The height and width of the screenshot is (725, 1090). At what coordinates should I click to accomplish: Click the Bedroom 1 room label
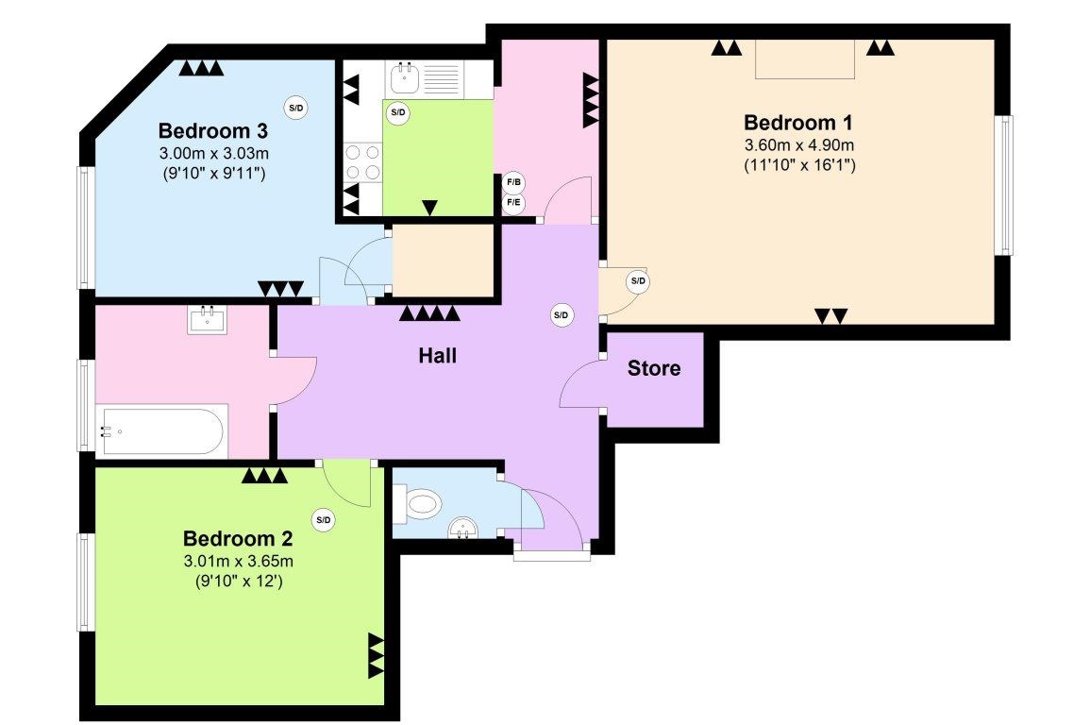pyautogui.click(x=798, y=123)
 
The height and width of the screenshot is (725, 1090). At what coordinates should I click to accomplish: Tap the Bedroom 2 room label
pyautogui.click(x=238, y=538)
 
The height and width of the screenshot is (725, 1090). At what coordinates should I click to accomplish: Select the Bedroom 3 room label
pyautogui.click(x=212, y=130)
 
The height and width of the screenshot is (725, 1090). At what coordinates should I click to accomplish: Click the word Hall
pyautogui.click(x=437, y=355)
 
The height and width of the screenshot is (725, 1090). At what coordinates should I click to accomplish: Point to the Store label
pyautogui.click(x=653, y=368)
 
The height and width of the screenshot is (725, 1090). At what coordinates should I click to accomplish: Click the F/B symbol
pyautogui.click(x=513, y=183)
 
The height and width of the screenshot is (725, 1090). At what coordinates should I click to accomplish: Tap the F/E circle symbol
pyautogui.click(x=513, y=203)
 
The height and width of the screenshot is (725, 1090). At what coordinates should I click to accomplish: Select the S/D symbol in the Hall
pyautogui.click(x=561, y=315)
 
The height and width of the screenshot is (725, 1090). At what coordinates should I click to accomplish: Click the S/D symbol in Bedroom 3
pyautogui.click(x=296, y=108)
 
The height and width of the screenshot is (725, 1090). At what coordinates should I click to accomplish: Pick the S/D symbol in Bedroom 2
pyautogui.click(x=324, y=520)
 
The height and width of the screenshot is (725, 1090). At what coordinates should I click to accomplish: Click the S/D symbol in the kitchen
pyautogui.click(x=398, y=112)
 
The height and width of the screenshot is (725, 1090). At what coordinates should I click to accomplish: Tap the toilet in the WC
pyautogui.click(x=418, y=503)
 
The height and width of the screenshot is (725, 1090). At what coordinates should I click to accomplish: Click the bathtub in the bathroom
pyautogui.click(x=162, y=431)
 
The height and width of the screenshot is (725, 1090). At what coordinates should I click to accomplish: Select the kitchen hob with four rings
pyautogui.click(x=363, y=162)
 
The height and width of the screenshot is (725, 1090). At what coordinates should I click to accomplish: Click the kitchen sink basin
pyautogui.click(x=404, y=78)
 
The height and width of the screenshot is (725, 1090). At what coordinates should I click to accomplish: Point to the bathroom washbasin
pyautogui.click(x=208, y=320)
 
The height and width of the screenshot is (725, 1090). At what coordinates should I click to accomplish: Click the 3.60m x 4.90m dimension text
pyautogui.click(x=798, y=145)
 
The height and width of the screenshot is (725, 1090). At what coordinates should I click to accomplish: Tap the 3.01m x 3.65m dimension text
pyautogui.click(x=238, y=560)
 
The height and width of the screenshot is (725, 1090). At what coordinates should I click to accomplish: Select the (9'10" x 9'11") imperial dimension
pyautogui.click(x=212, y=173)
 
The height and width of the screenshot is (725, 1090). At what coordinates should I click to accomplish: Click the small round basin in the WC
pyautogui.click(x=463, y=528)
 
